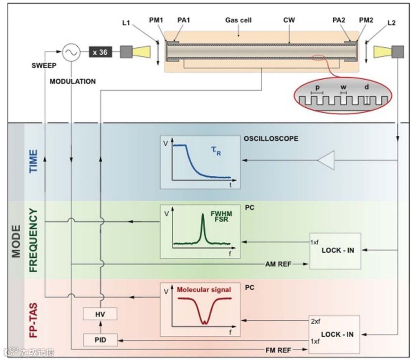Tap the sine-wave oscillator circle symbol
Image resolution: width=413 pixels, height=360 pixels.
(x=71, y=52)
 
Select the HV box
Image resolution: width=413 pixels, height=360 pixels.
(x=100, y=314)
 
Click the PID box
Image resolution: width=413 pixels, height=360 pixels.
(x=100, y=340)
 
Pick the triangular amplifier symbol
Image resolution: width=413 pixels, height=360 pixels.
(x=326, y=161)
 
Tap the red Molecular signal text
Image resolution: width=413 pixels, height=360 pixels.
(x=204, y=289)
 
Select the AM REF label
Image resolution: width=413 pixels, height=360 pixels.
(x=279, y=264)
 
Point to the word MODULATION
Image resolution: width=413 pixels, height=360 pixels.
(x=73, y=81)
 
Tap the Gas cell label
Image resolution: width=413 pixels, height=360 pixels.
(x=238, y=20)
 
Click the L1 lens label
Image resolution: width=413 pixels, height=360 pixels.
(x=127, y=23)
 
